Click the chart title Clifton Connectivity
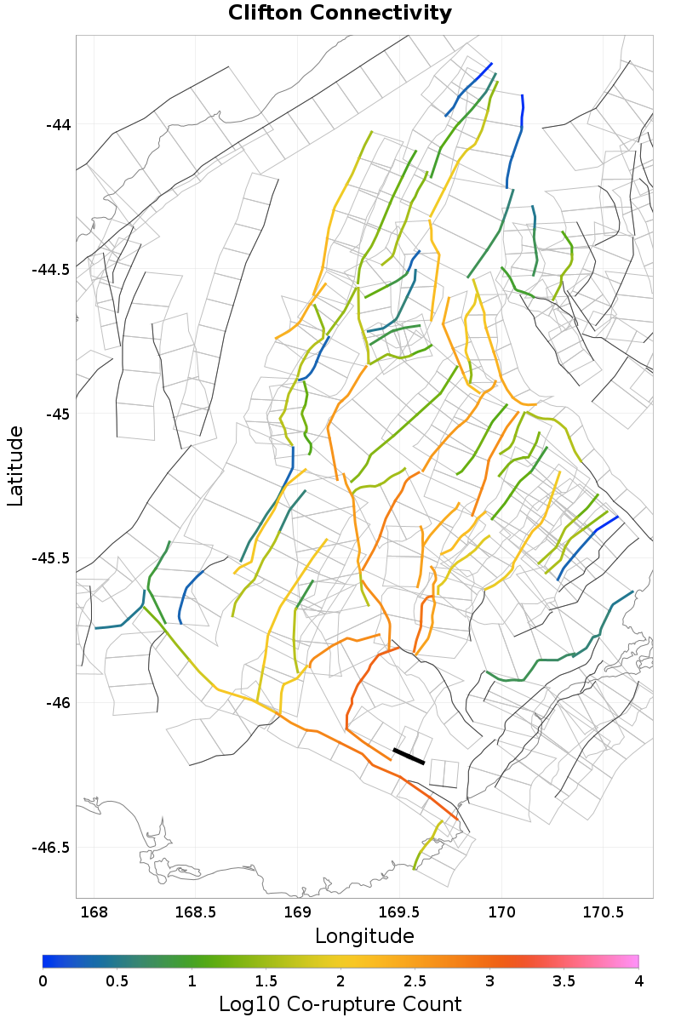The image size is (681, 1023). click(x=340, y=14)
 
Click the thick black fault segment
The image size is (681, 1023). click(x=409, y=757)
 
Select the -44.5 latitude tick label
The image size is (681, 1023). click(x=52, y=270)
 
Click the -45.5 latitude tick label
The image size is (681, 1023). click(x=52, y=558)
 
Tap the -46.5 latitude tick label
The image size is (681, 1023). click(x=52, y=848)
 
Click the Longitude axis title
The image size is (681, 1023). click(x=364, y=936)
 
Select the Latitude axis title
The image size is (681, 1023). click(x=15, y=466)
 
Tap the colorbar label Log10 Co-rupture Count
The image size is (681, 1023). click(x=340, y=1004)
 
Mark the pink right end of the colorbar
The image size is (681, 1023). click(x=634, y=962)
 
